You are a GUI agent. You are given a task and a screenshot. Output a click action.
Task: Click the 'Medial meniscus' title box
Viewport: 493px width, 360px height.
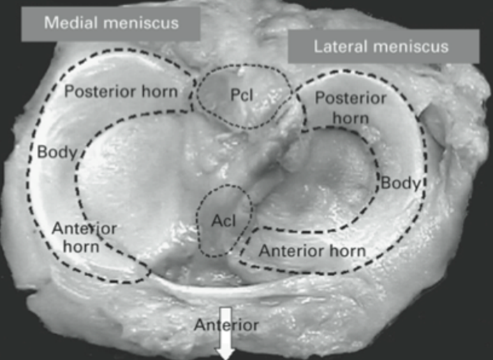coord(112,23)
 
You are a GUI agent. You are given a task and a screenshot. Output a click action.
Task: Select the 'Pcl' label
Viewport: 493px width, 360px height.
coord(244,95)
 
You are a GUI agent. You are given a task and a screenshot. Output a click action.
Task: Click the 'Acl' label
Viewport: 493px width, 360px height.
coord(222,223)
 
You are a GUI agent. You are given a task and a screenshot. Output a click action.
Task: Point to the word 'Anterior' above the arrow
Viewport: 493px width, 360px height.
coord(226,324)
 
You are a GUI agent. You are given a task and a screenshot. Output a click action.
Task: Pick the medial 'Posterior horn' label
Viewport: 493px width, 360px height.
coord(130,92)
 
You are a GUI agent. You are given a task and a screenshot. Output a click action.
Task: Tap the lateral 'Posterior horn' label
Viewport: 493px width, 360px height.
coord(349,109)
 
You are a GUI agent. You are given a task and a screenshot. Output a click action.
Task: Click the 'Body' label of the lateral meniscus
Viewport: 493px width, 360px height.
coord(400,183)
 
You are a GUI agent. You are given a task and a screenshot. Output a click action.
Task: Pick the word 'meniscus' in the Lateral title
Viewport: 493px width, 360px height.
coord(418,47)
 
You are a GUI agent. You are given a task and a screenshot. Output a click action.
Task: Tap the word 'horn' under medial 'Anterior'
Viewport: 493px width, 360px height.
coord(79,246)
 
